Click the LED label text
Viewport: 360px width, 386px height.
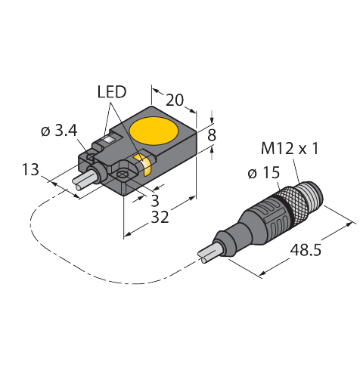(112, 92)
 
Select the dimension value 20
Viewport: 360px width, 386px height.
(175, 100)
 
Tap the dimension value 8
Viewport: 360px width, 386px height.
(212, 135)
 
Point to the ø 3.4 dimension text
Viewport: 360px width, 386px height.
(59, 131)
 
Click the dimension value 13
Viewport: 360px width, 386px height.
(30, 169)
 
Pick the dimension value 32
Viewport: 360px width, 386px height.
(160, 217)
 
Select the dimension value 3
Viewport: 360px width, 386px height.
(155, 201)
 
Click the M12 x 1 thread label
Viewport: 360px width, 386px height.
(290, 149)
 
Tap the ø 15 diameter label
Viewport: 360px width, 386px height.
(264, 173)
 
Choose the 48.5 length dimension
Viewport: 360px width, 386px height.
(306, 251)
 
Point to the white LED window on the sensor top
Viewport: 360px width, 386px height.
(110, 139)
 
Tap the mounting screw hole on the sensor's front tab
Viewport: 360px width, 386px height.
(122, 174)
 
